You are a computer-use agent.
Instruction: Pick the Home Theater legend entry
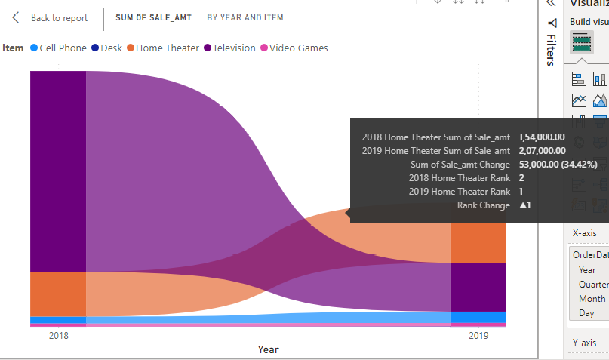coord(163,48)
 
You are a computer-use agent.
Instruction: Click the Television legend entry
coord(230,48)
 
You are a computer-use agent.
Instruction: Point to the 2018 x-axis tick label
coord(58,336)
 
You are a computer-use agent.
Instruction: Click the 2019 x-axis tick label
coord(478,336)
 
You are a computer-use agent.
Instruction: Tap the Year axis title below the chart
coord(268,349)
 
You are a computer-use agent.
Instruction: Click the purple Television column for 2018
coord(58,170)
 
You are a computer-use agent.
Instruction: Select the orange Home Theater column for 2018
coord(58,293)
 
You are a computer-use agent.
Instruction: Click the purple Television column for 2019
coord(478,286)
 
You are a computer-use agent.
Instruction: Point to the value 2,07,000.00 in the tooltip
coord(543,151)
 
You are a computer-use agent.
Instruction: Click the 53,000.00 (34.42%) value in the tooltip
coord(558,165)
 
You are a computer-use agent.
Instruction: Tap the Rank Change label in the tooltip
coord(483,205)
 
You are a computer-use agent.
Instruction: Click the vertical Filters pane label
coord(552,51)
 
